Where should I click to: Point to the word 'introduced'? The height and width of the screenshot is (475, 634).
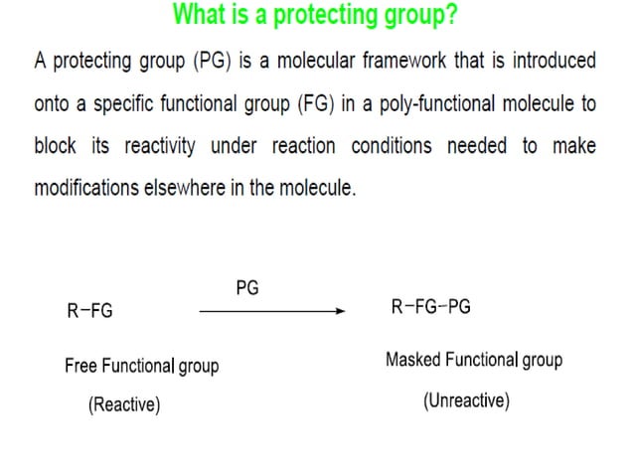coord(550,62)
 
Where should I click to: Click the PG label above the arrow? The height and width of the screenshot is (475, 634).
coord(247,288)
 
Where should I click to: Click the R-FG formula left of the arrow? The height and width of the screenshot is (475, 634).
coord(89,311)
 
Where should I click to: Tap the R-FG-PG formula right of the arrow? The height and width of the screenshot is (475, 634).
coord(430,306)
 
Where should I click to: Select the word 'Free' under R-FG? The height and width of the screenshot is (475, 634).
coord(81,366)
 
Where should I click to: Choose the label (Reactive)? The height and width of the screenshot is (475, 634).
coord(124,405)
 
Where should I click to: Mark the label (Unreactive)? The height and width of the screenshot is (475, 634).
coord(466,401)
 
